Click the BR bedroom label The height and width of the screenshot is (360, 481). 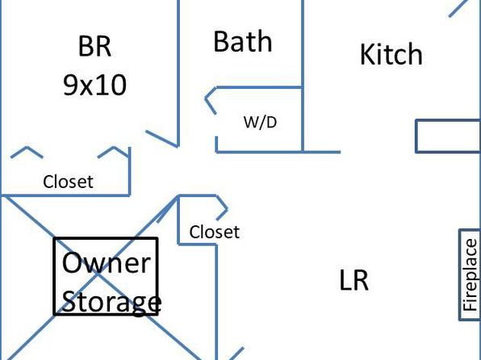pyautogui.click(x=94, y=46)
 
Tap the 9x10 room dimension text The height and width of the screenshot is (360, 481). pyautogui.click(x=94, y=85)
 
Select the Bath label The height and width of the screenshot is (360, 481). pyautogui.click(x=243, y=41)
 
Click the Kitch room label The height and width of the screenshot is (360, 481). pyautogui.click(x=391, y=54)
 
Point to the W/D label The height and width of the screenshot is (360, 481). pyautogui.click(x=260, y=122)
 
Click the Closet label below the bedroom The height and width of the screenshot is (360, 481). pyautogui.click(x=68, y=182)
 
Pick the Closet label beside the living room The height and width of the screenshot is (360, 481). pyautogui.click(x=215, y=232)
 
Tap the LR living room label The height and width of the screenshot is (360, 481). pyautogui.click(x=354, y=279)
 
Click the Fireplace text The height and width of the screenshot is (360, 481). pyautogui.click(x=471, y=275)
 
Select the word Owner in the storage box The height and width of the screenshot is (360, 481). pyautogui.click(x=107, y=262)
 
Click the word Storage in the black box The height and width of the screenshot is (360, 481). pyautogui.click(x=111, y=303)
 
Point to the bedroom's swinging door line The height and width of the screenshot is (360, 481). pyautogui.click(x=161, y=138)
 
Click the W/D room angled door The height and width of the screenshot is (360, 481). pyautogui.click(x=211, y=101)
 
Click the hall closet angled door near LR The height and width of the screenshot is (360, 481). pyautogui.click(x=222, y=208)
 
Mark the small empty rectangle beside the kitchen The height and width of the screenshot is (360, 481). pyautogui.click(x=448, y=136)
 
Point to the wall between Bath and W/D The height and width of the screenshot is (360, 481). pyautogui.click(x=259, y=88)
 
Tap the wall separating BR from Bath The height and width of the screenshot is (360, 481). pyautogui.click(x=178, y=73)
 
